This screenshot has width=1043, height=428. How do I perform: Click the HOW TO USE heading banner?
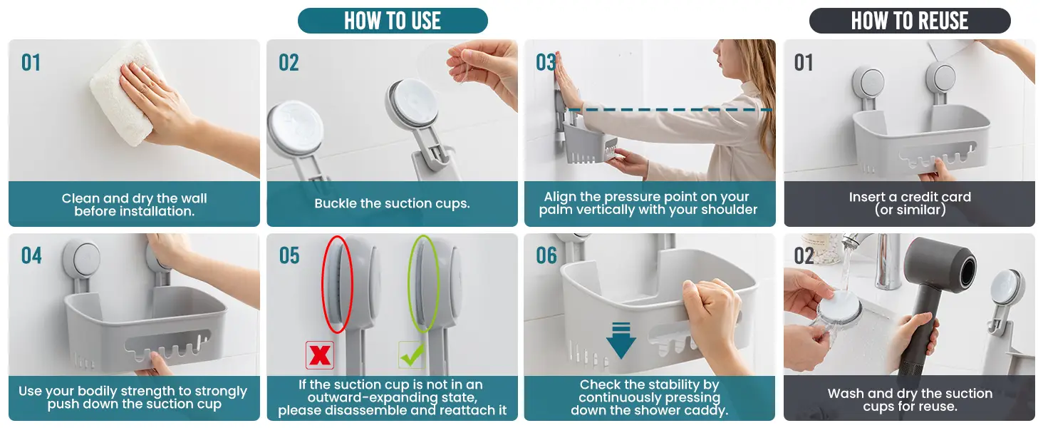393,21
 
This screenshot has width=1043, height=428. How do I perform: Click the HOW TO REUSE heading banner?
910,21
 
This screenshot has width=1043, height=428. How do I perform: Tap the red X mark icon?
320,355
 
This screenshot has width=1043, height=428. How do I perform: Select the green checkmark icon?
412,355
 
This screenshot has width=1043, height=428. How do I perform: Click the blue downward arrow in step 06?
621,340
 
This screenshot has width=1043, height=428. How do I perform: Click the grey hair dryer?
936,303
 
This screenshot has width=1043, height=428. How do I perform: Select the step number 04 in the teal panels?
31,255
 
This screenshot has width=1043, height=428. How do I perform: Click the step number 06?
546,255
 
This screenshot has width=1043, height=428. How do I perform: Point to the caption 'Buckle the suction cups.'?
392,204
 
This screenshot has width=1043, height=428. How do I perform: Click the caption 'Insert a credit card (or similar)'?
910,203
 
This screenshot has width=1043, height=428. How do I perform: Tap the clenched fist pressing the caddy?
710,312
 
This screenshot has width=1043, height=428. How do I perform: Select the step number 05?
289,255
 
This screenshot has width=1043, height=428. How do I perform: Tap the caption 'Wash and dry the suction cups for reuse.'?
910,400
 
